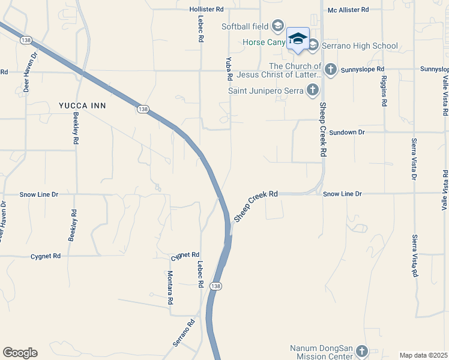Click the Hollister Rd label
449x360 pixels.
pyautogui.click(x=206, y=10)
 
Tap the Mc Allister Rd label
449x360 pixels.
pyautogui.click(x=348, y=10)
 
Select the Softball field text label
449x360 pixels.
pyautogui.click(x=245, y=26)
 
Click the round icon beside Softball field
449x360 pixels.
pyautogui.click(x=277, y=25)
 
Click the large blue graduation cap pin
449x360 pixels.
pyautogui.click(x=298, y=39)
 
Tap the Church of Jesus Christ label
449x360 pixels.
pyautogui.click(x=280, y=70)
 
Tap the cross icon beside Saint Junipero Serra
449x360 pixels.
pyautogui.click(x=312, y=91)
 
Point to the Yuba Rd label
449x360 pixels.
pyautogui.click(x=229, y=69)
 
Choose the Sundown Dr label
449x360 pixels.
pyautogui.click(x=347, y=131)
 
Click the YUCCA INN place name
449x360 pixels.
pyautogui.click(x=82, y=106)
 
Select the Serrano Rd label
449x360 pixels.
pyautogui.click(x=184, y=332)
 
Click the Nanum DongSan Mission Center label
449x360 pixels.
pyautogui.click(x=321, y=352)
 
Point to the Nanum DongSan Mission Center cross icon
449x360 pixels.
pyautogui.click(x=361, y=350)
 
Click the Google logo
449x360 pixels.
pyautogui.click(x=20, y=353)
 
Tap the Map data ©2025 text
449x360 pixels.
pyautogui.click(x=424, y=355)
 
